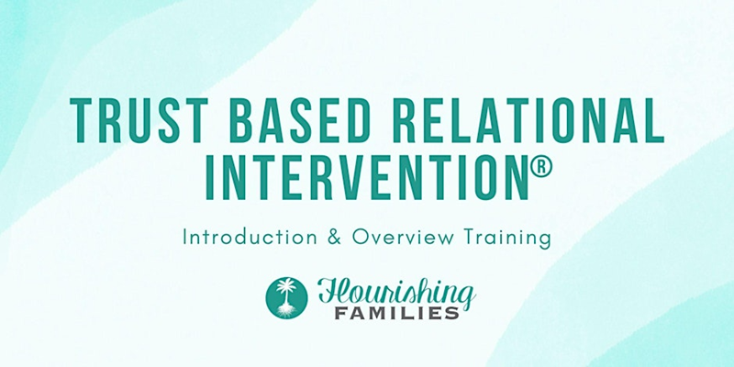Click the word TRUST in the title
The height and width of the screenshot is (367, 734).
[139, 119]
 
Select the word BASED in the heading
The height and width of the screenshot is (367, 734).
[300, 119]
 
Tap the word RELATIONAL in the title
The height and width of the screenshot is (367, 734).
[528, 119]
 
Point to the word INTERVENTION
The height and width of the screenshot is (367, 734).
[367, 177]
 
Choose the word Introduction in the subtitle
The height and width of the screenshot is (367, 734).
[250, 238]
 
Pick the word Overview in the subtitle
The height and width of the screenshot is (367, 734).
[403, 238]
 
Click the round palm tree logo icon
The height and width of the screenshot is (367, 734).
[286, 297]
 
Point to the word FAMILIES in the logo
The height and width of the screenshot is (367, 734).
[396, 313]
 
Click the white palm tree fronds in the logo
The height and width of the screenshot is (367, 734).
[286, 285]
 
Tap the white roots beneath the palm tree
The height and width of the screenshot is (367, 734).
[286, 309]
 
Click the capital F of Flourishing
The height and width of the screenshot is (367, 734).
[329, 291]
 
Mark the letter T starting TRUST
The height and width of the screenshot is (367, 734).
[82, 120]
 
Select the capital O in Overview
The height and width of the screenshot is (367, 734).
[361, 238]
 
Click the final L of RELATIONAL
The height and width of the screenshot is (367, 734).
[653, 120]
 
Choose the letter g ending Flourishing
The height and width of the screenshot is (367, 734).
[466, 296]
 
